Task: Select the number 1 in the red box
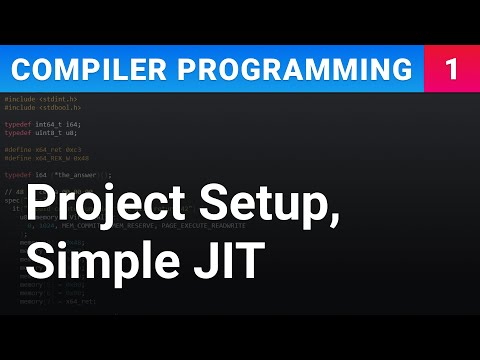452,70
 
